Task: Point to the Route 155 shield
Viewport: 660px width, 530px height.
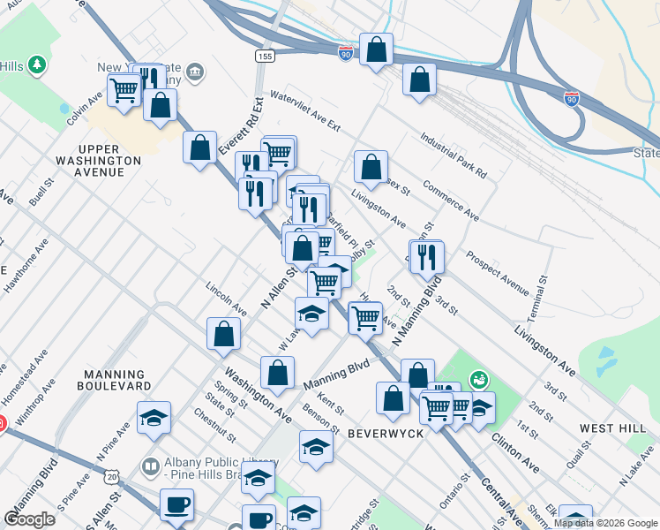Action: coord(264,56)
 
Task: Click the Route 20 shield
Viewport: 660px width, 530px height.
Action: coord(112,476)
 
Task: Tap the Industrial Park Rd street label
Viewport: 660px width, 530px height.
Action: coord(454,155)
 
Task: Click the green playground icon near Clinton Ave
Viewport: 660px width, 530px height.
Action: coord(478,379)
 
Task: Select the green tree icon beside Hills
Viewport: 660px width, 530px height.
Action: coord(36,65)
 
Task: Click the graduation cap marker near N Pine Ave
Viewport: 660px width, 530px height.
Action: coord(154,418)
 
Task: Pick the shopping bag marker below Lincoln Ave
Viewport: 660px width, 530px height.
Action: coord(224,334)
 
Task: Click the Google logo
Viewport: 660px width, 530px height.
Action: coord(30,519)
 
